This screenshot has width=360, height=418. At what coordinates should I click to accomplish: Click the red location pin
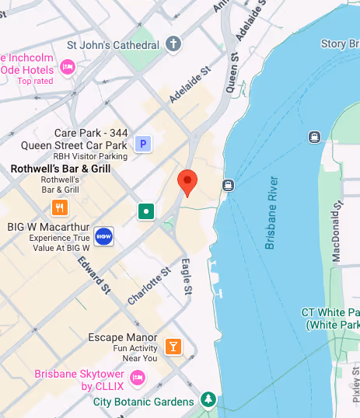[x=187, y=182]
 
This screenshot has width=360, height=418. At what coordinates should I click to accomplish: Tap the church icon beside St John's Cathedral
[x=173, y=44]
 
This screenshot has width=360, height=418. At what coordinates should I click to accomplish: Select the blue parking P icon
[x=142, y=144]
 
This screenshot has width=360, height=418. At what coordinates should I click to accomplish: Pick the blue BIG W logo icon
[x=103, y=235]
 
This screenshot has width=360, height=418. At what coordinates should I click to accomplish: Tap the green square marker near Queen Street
[x=145, y=211]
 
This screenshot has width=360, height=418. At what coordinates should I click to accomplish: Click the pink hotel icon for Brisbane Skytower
[x=138, y=378]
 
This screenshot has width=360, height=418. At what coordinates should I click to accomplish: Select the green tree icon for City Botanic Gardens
[x=208, y=401]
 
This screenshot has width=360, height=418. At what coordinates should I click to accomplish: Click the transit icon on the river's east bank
[x=314, y=138]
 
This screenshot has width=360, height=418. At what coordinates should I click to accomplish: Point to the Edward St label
[x=93, y=275]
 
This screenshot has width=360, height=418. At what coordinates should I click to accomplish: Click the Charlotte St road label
[x=149, y=287]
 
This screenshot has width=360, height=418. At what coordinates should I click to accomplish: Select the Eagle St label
[x=187, y=276]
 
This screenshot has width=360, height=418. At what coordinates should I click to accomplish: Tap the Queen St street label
[x=232, y=75]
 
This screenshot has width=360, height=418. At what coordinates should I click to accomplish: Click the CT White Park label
[x=331, y=318]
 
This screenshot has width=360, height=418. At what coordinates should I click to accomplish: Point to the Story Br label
[x=340, y=44]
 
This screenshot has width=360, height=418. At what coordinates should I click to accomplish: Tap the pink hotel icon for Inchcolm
[x=68, y=67]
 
